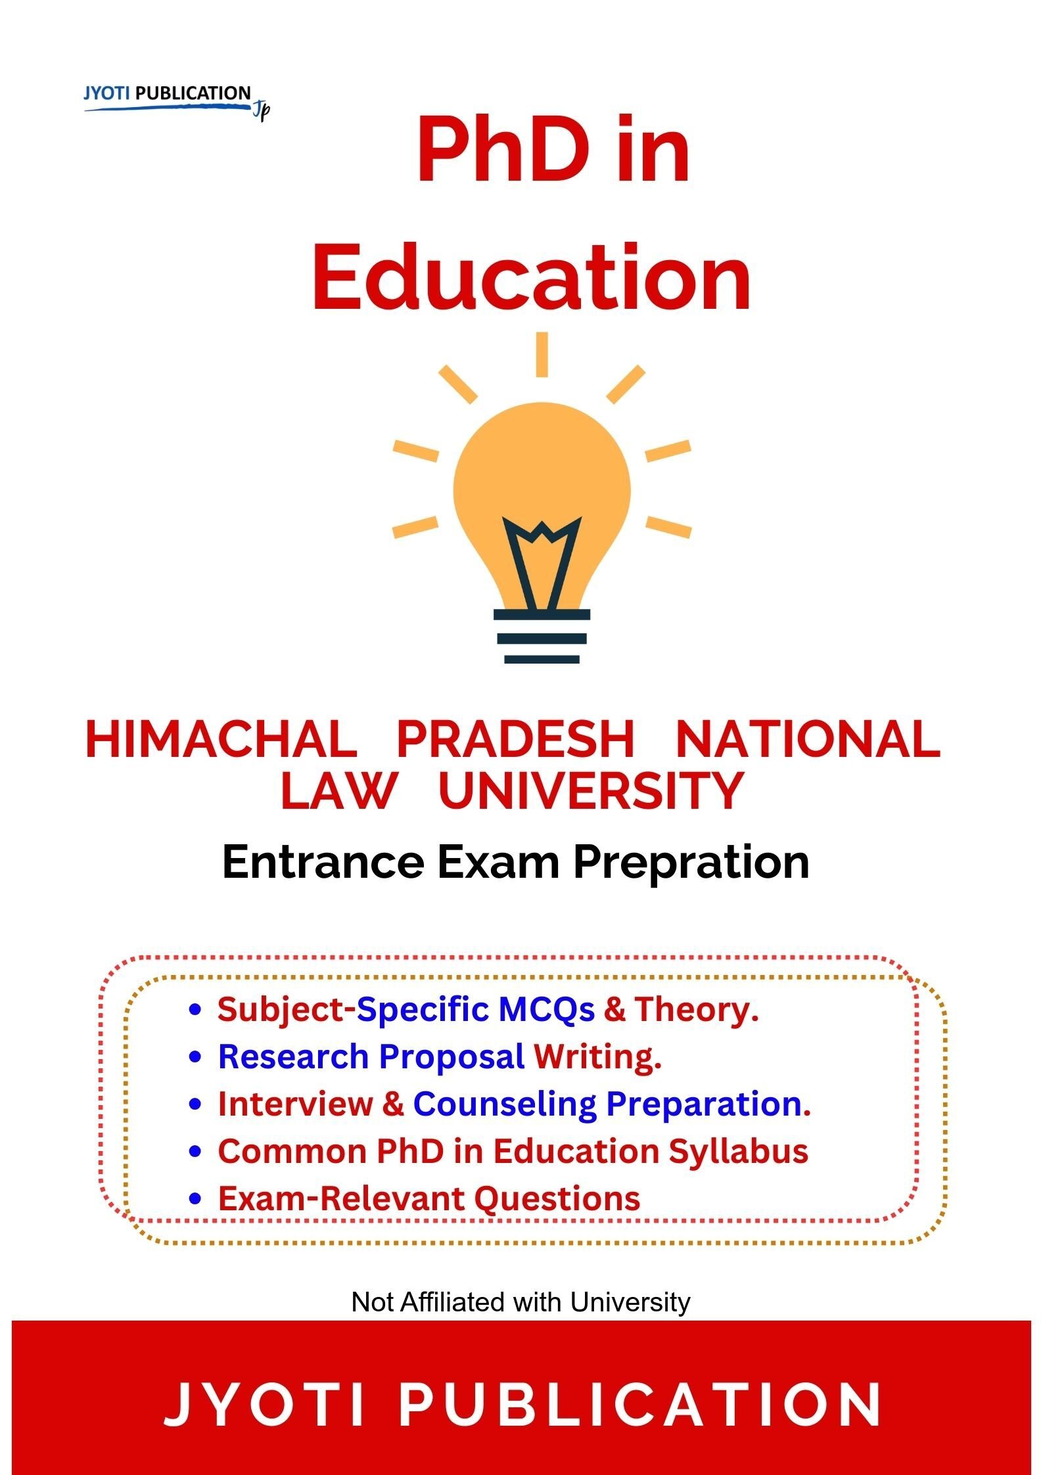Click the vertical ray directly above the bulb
542,354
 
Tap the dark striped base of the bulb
542,637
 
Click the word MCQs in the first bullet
546,1010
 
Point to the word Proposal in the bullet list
452,1057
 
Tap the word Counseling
504,1104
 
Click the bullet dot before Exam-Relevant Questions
195,1199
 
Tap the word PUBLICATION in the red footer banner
639,1404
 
